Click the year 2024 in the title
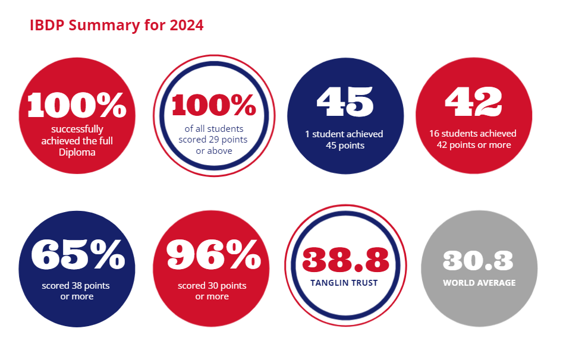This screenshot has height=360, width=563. [x=186, y=25]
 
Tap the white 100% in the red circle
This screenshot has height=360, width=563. [x=77, y=105]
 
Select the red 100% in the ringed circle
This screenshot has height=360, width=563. [x=214, y=105]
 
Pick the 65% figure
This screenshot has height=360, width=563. [x=78, y=254]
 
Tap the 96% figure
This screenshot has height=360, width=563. [x=214, y=254]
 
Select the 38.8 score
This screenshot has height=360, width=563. [x=346, y=260]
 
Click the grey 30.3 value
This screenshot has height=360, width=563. [x=478, y=260]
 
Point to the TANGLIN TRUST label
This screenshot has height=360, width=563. [x=344, y=283]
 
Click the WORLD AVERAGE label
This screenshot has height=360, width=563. [x=479, y=283]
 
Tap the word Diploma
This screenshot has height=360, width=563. [x=77, y=152]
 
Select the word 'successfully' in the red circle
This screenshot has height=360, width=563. [x=77, y=130]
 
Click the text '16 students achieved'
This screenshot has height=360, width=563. [x=473, y=134]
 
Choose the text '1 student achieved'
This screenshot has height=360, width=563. [x=344, y=134]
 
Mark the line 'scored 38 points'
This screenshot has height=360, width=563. [x=76, y=286]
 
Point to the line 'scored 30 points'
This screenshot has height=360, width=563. [x=212, y=286]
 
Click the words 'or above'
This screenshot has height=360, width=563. [x=214, y=151]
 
